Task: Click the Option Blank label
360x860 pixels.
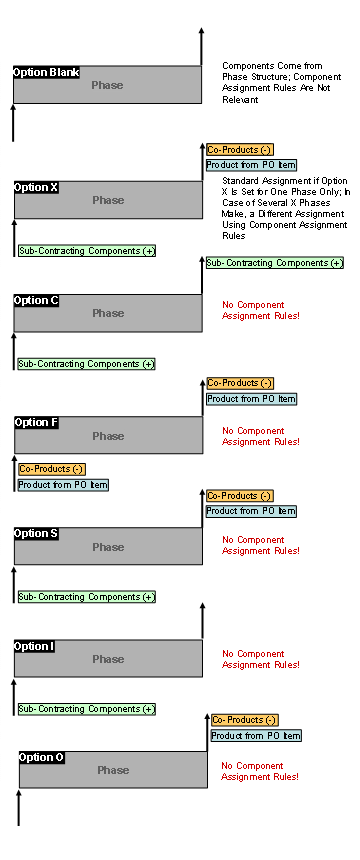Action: [46, 72]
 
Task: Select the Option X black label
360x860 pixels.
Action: [37, 187]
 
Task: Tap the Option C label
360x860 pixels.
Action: [37, 300]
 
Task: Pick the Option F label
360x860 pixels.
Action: [37, 422]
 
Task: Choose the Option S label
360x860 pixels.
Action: [37, 533]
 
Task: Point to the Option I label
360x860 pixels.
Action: [34, 646]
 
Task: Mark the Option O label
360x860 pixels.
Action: [42, 757]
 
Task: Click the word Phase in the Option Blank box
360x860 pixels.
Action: [107, 85]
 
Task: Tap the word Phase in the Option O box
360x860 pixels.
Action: [113, 770]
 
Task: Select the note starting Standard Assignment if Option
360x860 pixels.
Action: [285, 208]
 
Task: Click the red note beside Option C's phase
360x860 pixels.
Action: [260, 310]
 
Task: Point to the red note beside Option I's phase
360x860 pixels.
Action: [260, 659]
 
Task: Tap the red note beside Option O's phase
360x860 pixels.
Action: [260, 771]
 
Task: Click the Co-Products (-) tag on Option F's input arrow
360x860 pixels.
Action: [51, 468]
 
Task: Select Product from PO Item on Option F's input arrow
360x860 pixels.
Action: [62, 485]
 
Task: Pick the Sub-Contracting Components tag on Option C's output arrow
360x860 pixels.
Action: [274, 263]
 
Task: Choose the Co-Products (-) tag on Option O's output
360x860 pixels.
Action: [244, 720]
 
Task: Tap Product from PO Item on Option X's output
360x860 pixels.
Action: [251, 165]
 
